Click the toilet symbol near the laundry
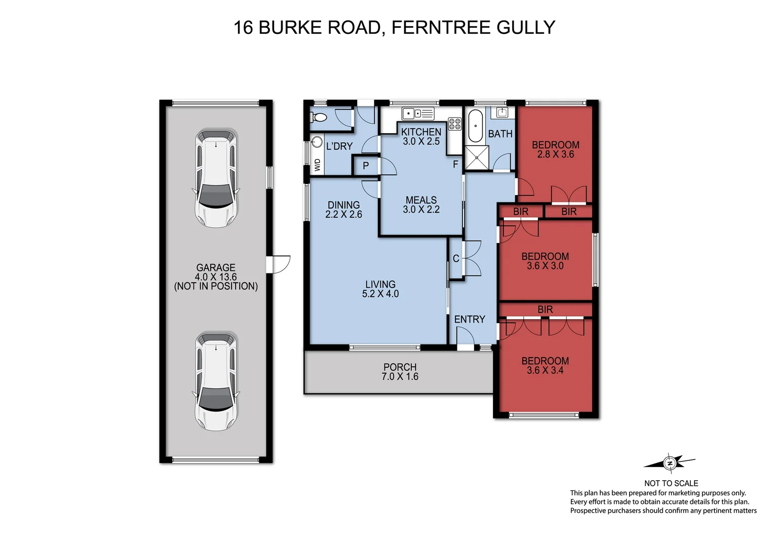click(x=319, y=118)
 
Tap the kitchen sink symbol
click(x=418, y=113)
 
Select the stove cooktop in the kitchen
click(x=454, y=124)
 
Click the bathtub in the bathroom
click(x=475, y=126)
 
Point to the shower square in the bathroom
click(x=477, y=158)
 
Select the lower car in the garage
click(x=216, y=381)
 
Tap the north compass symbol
click(x=670, y=463)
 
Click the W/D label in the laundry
click(x=317, y=165)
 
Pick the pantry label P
click(x=365, y=166)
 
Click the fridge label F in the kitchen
click(x=455, y=164)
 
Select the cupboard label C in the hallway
click(x=456, y=259)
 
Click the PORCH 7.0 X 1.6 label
click(x=400, y=372)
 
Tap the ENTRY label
click(x=470, y=320)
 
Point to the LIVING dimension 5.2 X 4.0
click(x=380, y=294)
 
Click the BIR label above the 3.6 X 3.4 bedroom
click(x=545, y=309)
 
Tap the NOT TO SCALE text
click(x=671, y=483)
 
